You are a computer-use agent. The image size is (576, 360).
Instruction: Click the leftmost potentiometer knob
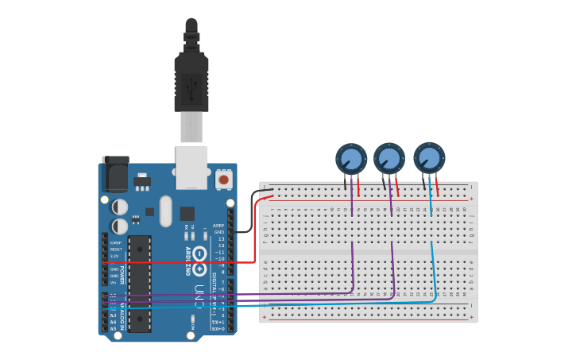click(350, 158)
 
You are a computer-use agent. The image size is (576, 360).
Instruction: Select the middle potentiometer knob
click(389, 158)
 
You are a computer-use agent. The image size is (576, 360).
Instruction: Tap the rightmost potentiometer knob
click(429, 157)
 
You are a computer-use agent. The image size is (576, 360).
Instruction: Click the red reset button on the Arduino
click(224, 180)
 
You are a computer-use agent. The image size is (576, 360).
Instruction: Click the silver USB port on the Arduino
click(191, 166)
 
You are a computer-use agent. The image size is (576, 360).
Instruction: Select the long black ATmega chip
click(139, 282)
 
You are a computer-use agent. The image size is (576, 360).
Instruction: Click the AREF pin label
click(218, 226)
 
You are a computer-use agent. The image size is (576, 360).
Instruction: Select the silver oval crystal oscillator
click(165, 211)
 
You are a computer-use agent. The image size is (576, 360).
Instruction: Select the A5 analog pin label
click(113, 328)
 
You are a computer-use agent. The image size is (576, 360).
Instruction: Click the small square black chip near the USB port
click(187, 213)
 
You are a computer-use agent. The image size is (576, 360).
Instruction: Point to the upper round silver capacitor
click(120, 207)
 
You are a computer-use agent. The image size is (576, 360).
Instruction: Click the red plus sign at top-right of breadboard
click(471, 199)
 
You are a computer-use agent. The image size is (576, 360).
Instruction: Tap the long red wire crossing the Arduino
click(183, 261)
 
